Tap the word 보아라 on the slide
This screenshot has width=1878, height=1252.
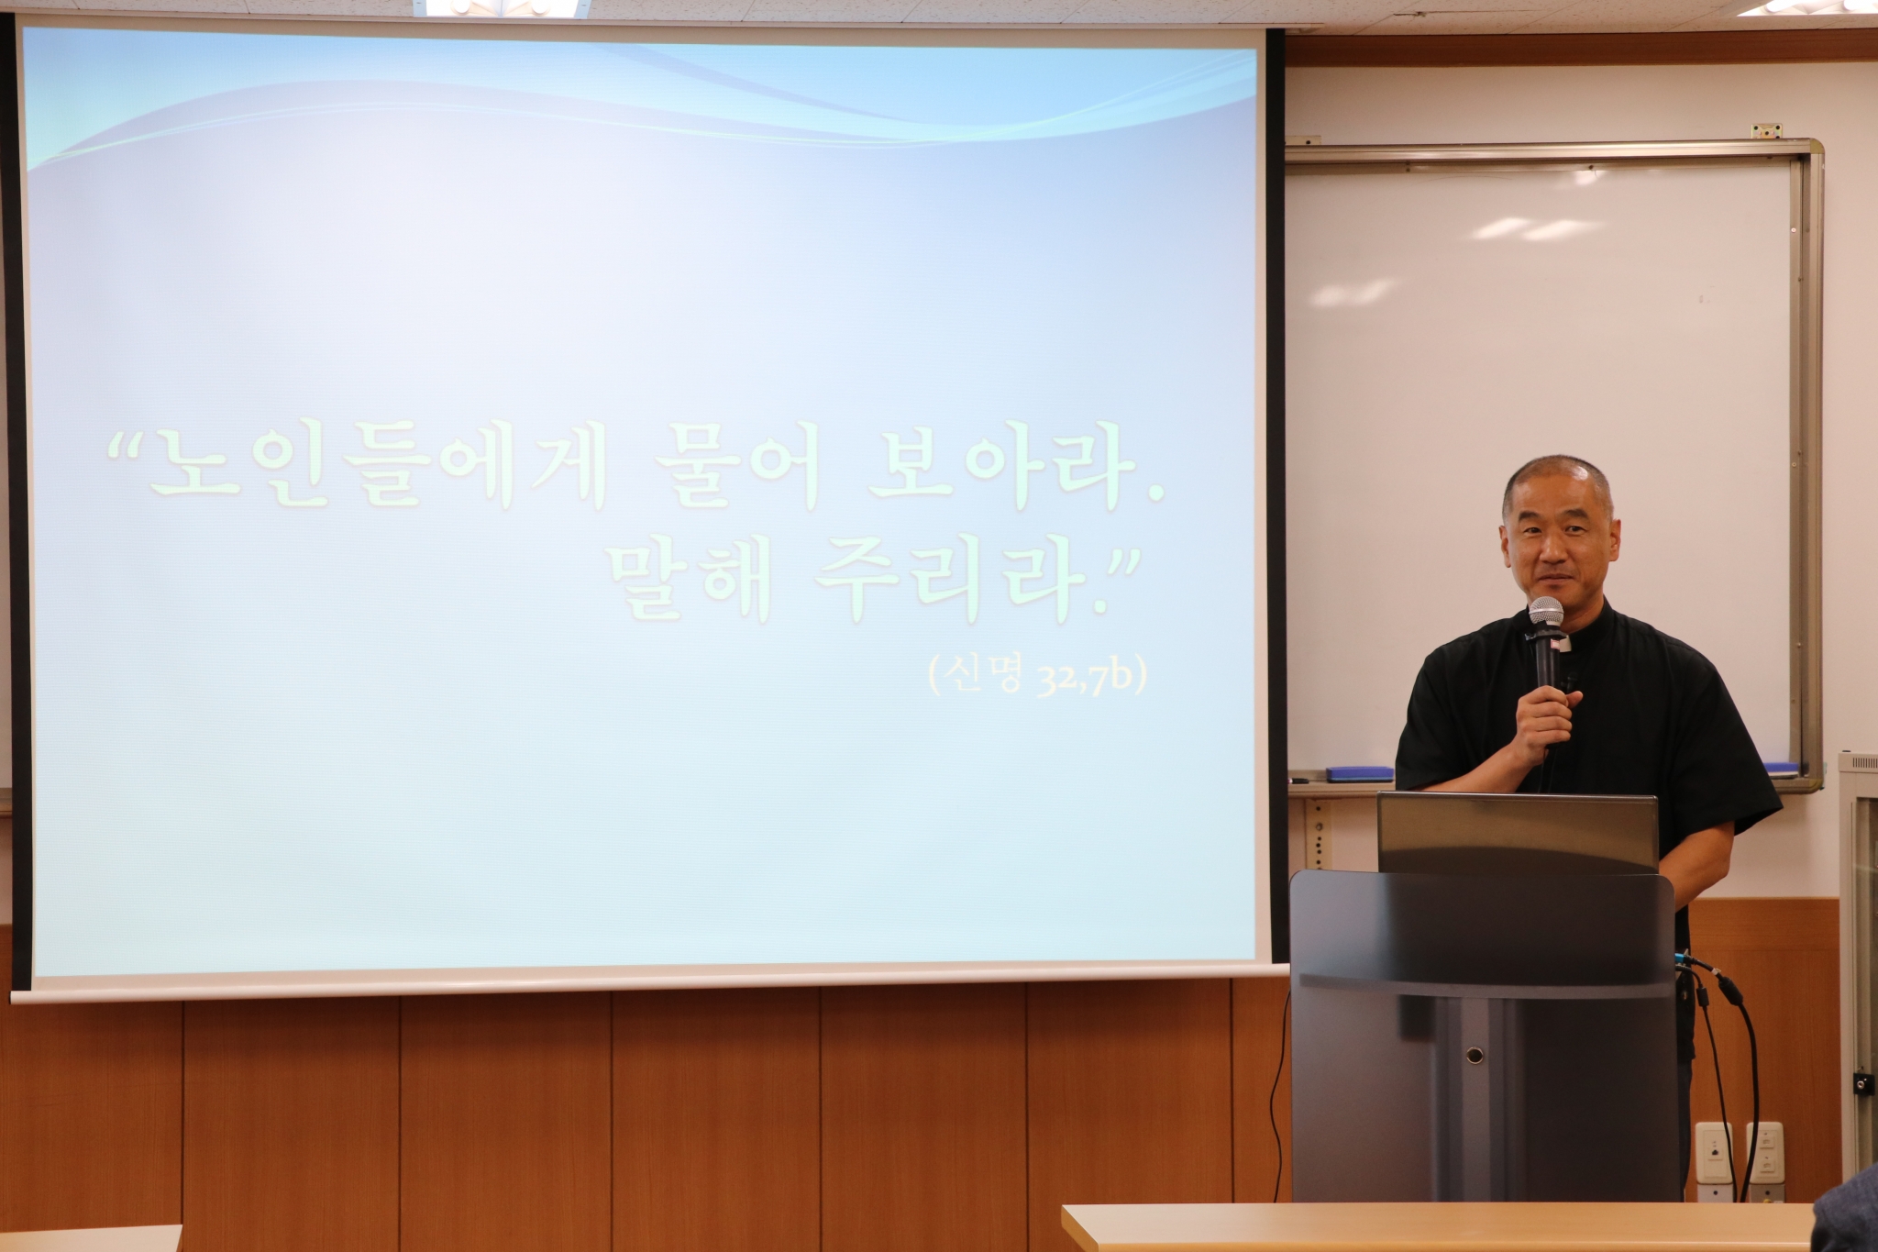coord(1000,480)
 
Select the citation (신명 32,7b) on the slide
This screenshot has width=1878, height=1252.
coord(1037,679)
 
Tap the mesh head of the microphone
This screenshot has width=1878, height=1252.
coord(1545,615)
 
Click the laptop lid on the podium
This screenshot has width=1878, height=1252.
coord(1517,833)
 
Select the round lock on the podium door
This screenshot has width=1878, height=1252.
coord(1475,1055)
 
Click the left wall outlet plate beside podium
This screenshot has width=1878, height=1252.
coord(1714,1148)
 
